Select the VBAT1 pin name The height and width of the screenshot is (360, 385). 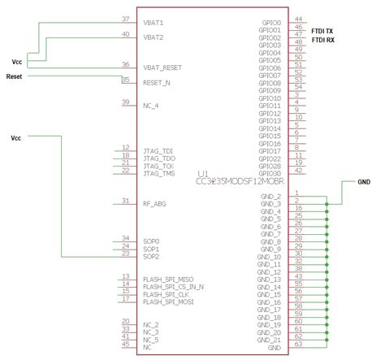[x=154, y=23]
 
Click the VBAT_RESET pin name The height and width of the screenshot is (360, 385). [x=162, y=68]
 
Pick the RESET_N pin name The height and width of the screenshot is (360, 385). [x=157, y=83]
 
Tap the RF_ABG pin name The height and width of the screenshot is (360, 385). [x=155, y=203]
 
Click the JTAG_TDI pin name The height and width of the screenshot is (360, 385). [x=158, y=150]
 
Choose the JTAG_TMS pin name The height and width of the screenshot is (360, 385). [x=158, y=173]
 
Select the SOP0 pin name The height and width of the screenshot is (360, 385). [x=151, y=241]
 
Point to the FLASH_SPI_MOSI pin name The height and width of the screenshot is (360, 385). [x=167, y=301]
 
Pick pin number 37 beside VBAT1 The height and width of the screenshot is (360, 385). [x=125, y=19]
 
